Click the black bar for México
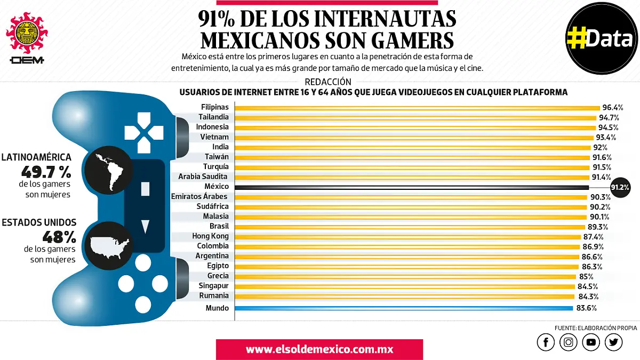(x=411, y=187)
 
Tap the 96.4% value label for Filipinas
(x=613, y=107)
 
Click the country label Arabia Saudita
(x=203, y=177)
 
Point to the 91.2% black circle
(x=620, y=187)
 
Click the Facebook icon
(x=546, y=342)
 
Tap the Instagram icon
(x=569, y=342)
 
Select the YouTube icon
(x=591, y=342)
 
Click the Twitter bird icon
(x=614, y=342)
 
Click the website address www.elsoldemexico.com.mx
(x=319, y=350)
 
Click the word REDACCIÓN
(x=328, y=82)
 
